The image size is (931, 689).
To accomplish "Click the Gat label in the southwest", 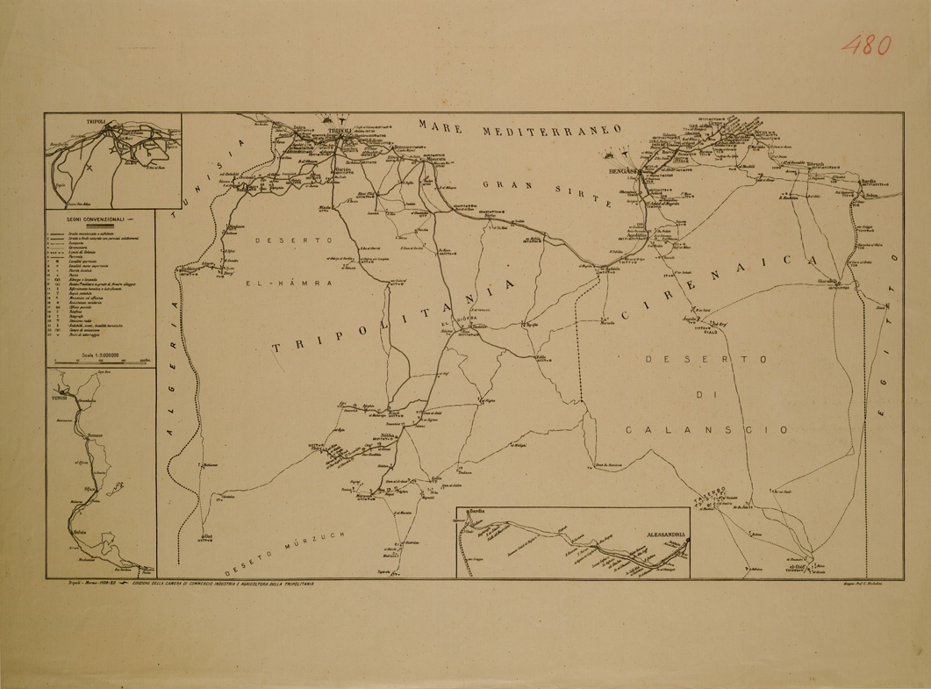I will pyautogui.click(x=209, y=535).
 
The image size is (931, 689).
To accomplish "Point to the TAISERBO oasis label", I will pyautogui.click(x=708, y=492).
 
